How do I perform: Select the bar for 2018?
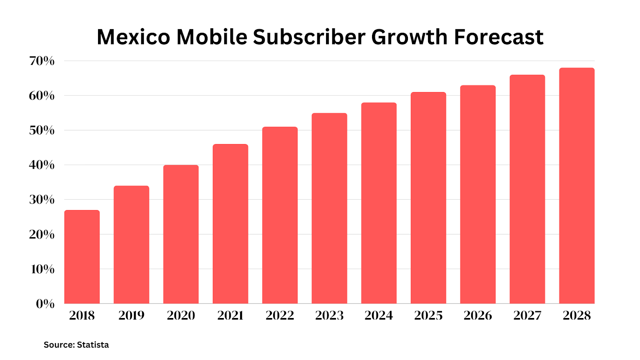(x=82, y=257)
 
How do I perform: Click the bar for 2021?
(x=230, y=224)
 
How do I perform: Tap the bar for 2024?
(x=379, y=203)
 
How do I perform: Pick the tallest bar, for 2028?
(x=577, y=186)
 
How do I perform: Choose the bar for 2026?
(x=478, y=194)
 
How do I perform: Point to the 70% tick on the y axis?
(x=42, y=61)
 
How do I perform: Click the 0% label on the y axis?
(x=45, y=304)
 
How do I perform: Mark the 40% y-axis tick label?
(x=42, y=165)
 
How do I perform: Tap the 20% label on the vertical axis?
(x=42, y=234)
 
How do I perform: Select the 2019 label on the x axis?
(x=132, y=316)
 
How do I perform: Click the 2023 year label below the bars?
(x=329, y=316)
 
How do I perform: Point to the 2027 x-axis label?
(x=527, y=316)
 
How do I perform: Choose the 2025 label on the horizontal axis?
(x=428, y=316)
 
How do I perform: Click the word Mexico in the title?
(x=133, y=37)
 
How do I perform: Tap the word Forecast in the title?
(x=498, y=37)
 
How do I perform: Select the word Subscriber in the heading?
(x=309, y=37)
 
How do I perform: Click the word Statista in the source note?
(x=93, y=345)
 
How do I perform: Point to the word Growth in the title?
(x=409, y=37)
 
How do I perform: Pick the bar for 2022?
(x=280, y=215)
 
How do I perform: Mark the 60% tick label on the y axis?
(x=42, y=96)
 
